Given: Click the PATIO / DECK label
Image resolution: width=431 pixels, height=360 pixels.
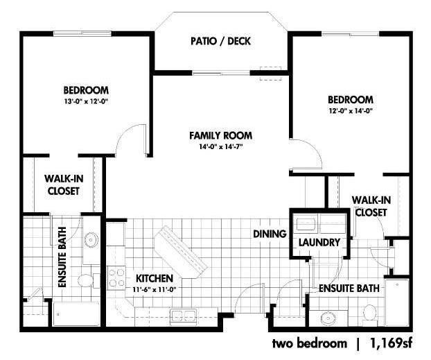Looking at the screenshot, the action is click(221, 42).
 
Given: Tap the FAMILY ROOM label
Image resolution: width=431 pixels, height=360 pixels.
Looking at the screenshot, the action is click(221, 136).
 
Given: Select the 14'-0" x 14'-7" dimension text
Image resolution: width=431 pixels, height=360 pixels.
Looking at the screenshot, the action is click(221, 147).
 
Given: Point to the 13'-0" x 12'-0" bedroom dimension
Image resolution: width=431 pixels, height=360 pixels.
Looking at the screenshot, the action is click(86, 101).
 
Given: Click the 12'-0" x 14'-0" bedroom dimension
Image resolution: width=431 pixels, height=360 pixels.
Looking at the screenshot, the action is click(351, 111).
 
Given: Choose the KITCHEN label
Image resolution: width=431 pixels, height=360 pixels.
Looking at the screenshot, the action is click(155, 279).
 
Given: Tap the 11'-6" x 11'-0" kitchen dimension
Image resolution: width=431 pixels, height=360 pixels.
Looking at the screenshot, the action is click(155, 289).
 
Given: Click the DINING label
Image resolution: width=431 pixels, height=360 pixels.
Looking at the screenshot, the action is click(270, 234).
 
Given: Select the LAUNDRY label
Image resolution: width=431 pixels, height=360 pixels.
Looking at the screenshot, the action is click(319, 243).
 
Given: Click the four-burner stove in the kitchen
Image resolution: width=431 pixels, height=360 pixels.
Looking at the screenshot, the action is click(116, 278).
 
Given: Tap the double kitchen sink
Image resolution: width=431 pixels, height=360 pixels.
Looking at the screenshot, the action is click(184, 316).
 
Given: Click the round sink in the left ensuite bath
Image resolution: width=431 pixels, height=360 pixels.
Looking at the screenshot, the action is click(91, 239).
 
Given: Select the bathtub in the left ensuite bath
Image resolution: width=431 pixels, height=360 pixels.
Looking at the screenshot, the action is click(76, 314).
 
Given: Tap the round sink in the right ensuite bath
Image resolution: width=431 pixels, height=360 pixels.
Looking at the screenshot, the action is click(328, 318).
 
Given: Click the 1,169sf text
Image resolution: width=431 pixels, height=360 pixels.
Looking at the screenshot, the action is click(392, 343).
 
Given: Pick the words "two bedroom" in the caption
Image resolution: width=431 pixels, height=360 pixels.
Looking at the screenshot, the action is click(310, 343).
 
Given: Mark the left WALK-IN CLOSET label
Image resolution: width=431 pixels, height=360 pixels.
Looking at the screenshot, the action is click(64, 185).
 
